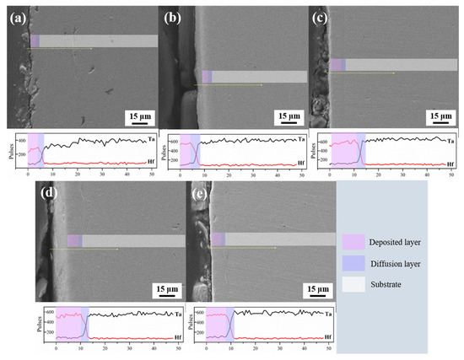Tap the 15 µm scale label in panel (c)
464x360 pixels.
(440, 116)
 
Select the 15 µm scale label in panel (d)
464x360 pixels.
(169, 288)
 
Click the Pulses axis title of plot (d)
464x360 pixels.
(40, 325)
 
